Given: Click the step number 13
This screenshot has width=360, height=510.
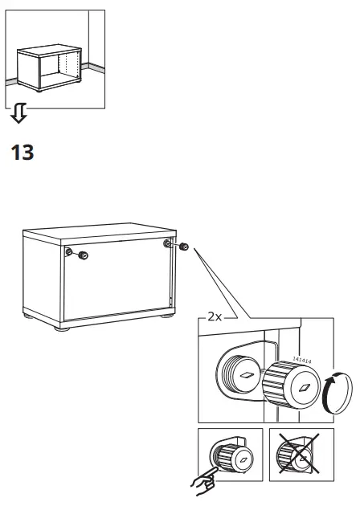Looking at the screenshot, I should click(x=22, y=152).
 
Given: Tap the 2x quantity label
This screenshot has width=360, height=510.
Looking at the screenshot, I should click(x=214, y=317).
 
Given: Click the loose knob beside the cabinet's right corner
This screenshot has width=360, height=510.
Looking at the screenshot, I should click(x=184, y=247).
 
